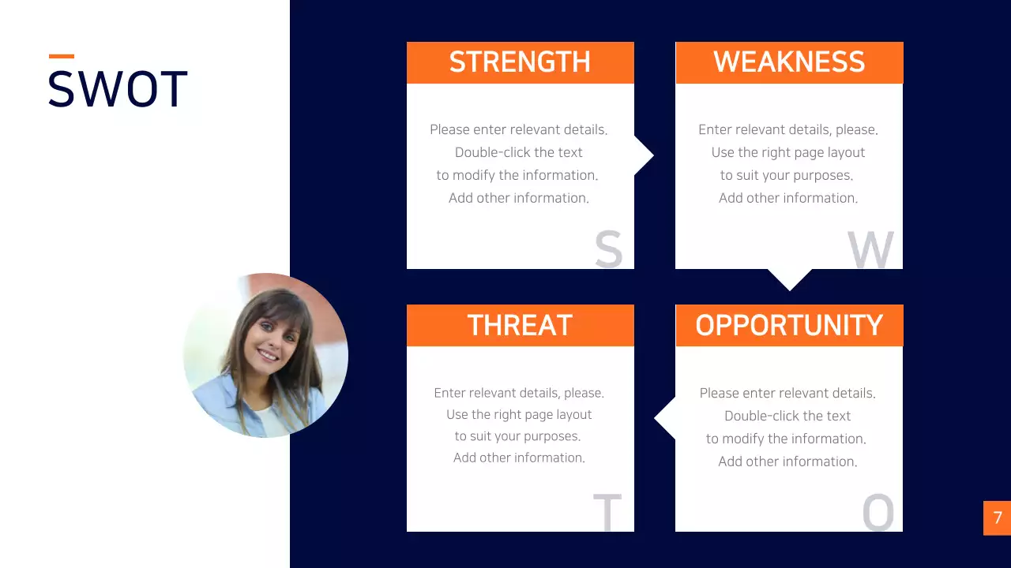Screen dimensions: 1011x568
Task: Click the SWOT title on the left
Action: tap(118, 89)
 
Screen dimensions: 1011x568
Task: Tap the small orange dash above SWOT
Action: tap(62, 56)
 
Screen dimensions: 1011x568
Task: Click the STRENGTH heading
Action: tap(520, 62)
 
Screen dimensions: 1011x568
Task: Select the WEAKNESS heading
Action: tap(789, 62)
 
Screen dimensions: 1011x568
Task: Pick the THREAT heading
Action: tap(520, 325)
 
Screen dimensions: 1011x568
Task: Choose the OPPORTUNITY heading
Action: tap(789, 325)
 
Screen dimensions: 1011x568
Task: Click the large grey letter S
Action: tap(608, 248)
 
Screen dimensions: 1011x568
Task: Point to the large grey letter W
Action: tap(870, 249)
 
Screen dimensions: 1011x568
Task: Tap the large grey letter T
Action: tap(607, 512)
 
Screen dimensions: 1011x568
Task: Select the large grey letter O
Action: tap(878, 512)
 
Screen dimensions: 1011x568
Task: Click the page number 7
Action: tap(998, 518)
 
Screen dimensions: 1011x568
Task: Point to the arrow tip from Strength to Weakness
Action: tap(653, 155)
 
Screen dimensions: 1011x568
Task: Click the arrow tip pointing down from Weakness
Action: tap(790, 290)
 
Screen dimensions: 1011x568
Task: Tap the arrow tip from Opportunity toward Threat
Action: tap(655, 418)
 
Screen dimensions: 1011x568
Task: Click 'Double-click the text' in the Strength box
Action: tap(519, 152)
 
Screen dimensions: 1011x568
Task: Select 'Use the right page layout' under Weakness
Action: tap(788, 152)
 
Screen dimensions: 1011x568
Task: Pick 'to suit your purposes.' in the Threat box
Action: tap(517, 436)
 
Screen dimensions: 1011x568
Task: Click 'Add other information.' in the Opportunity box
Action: tap(787, 461)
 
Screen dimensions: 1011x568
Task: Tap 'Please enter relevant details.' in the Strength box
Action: tap(519, 129)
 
